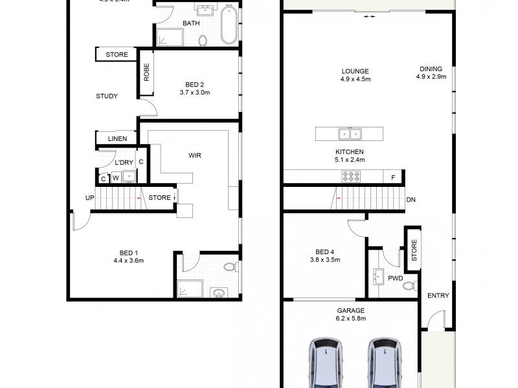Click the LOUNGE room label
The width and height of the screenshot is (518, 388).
[x=354, y=71]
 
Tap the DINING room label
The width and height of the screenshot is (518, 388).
[x=430, y=69]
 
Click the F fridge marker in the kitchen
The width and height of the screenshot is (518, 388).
[x=393, y=176]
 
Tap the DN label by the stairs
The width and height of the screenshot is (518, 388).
[x=411, y=200]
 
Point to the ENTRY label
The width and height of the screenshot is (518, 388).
[x=438, y=296]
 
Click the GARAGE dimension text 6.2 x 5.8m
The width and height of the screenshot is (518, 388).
[x=350, y=319]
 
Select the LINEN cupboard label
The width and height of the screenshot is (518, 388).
[x=117, y=139]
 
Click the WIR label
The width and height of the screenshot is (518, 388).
[x=194, y=156]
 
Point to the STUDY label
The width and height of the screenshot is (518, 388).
[x=107, y=96]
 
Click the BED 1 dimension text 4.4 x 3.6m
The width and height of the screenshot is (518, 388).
[x=127, y=261]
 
